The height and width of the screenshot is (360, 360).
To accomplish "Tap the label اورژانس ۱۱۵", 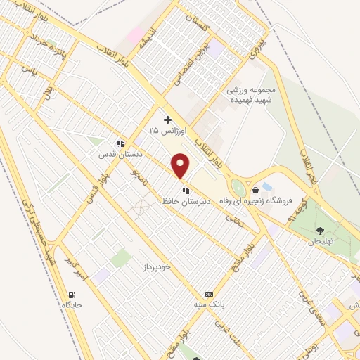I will (163, 131).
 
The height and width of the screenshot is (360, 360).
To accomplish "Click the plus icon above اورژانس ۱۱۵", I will (167, 120).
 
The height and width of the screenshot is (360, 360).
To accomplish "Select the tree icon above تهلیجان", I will (321, 230).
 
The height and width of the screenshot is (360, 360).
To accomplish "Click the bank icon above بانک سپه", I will (208, 294).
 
